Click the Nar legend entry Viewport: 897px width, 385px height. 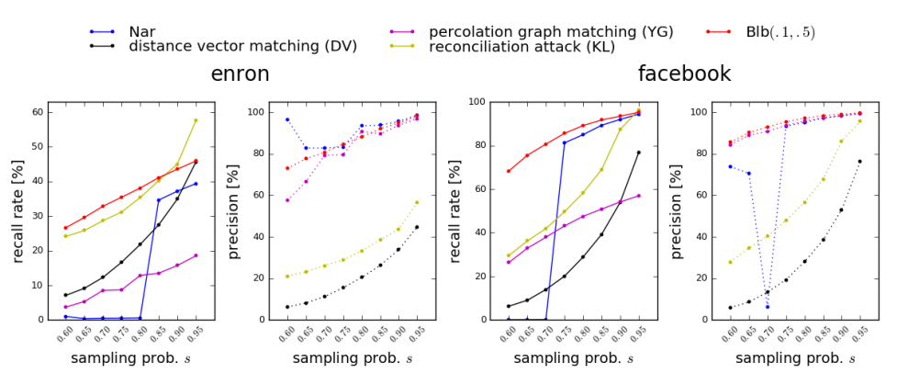tap(141, 31)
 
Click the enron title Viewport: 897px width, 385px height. tap(241, 74)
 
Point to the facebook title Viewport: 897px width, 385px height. tap(684, 74)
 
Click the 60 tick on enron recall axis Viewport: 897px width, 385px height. tap(38, 112)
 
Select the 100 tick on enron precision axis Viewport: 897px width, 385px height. tap(259, 112)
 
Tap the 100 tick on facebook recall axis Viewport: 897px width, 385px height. tap(477, 102)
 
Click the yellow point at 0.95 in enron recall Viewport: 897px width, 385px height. tap(195, 120)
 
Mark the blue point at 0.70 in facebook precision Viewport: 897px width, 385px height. tap(768, 306)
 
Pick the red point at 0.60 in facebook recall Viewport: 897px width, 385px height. tap(509, 171)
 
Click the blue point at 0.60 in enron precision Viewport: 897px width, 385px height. tap(287, 119)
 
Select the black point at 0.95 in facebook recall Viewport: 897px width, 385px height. tap(638, 153)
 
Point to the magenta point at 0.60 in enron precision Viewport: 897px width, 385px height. tap(287, 200)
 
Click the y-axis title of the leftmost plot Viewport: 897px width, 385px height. tap(17, 210)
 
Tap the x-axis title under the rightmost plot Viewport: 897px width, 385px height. tap(794, 358)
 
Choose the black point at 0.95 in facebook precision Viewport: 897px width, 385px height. tap(860, 162)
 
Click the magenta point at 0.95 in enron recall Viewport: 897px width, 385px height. tap(195, 255)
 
